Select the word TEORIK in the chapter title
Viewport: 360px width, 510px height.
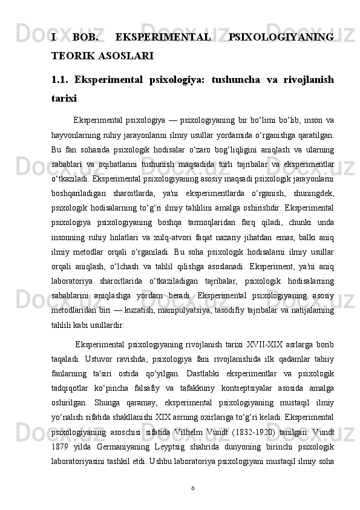(71, 56)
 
